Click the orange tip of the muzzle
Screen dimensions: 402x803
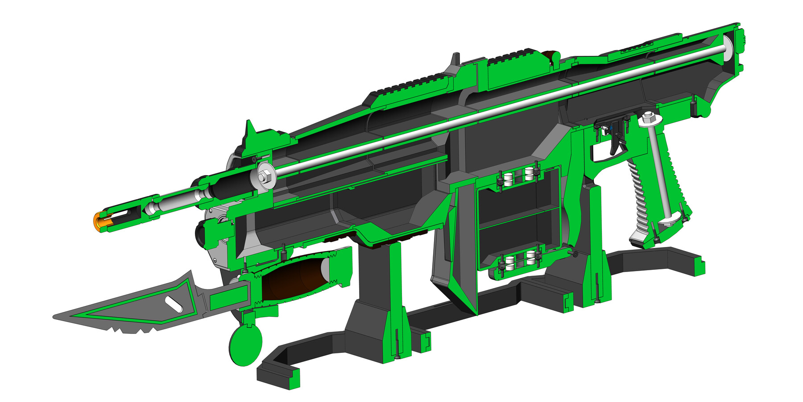click(96, 222)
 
